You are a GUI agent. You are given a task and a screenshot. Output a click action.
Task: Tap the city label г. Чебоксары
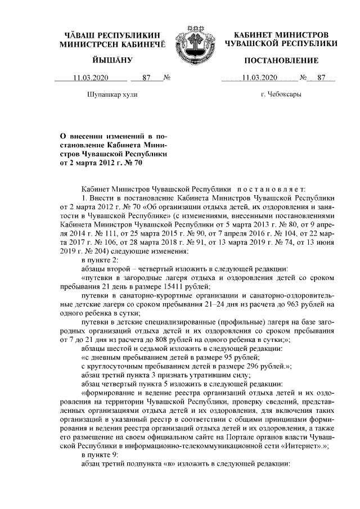280,94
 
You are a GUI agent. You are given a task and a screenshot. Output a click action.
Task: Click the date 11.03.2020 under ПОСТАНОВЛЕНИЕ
259,78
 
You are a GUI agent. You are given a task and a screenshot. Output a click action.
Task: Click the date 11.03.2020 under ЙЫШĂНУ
91,78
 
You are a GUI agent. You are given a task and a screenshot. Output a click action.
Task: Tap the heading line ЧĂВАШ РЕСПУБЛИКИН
112,35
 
